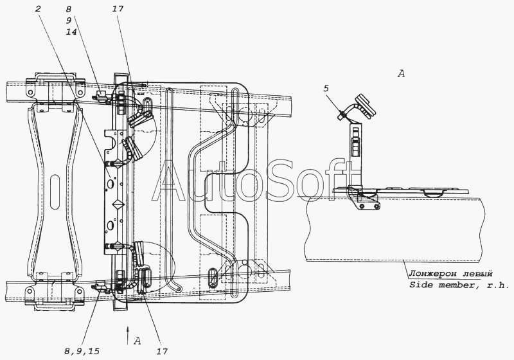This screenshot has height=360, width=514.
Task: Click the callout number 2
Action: tap(38, 8)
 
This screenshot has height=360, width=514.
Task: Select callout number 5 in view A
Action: tap(326, 89)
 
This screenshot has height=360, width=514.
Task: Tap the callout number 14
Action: tap(71, 32)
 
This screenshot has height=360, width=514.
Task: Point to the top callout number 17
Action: tap(118, 8)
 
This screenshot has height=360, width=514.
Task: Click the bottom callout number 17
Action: tap(162, 352)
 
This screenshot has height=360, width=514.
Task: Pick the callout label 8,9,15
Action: tap(82, 352)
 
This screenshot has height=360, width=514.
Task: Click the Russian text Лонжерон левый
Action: tap(450, 273)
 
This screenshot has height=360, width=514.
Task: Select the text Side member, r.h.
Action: tap(459, 285)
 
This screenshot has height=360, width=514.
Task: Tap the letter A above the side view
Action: tap(401, 74)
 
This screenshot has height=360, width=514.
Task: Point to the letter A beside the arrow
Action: tap(137, 341)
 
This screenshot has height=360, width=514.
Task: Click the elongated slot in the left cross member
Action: tap(55, 192)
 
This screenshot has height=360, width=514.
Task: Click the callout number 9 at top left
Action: tap(68, 21)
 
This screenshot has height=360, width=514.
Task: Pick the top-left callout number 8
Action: tap(68, 9)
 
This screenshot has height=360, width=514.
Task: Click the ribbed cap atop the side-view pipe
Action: tap(364, 106)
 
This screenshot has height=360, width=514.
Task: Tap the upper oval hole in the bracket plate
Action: tap(111, 183)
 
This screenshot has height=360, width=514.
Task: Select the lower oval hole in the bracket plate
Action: tap(111, 226)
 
